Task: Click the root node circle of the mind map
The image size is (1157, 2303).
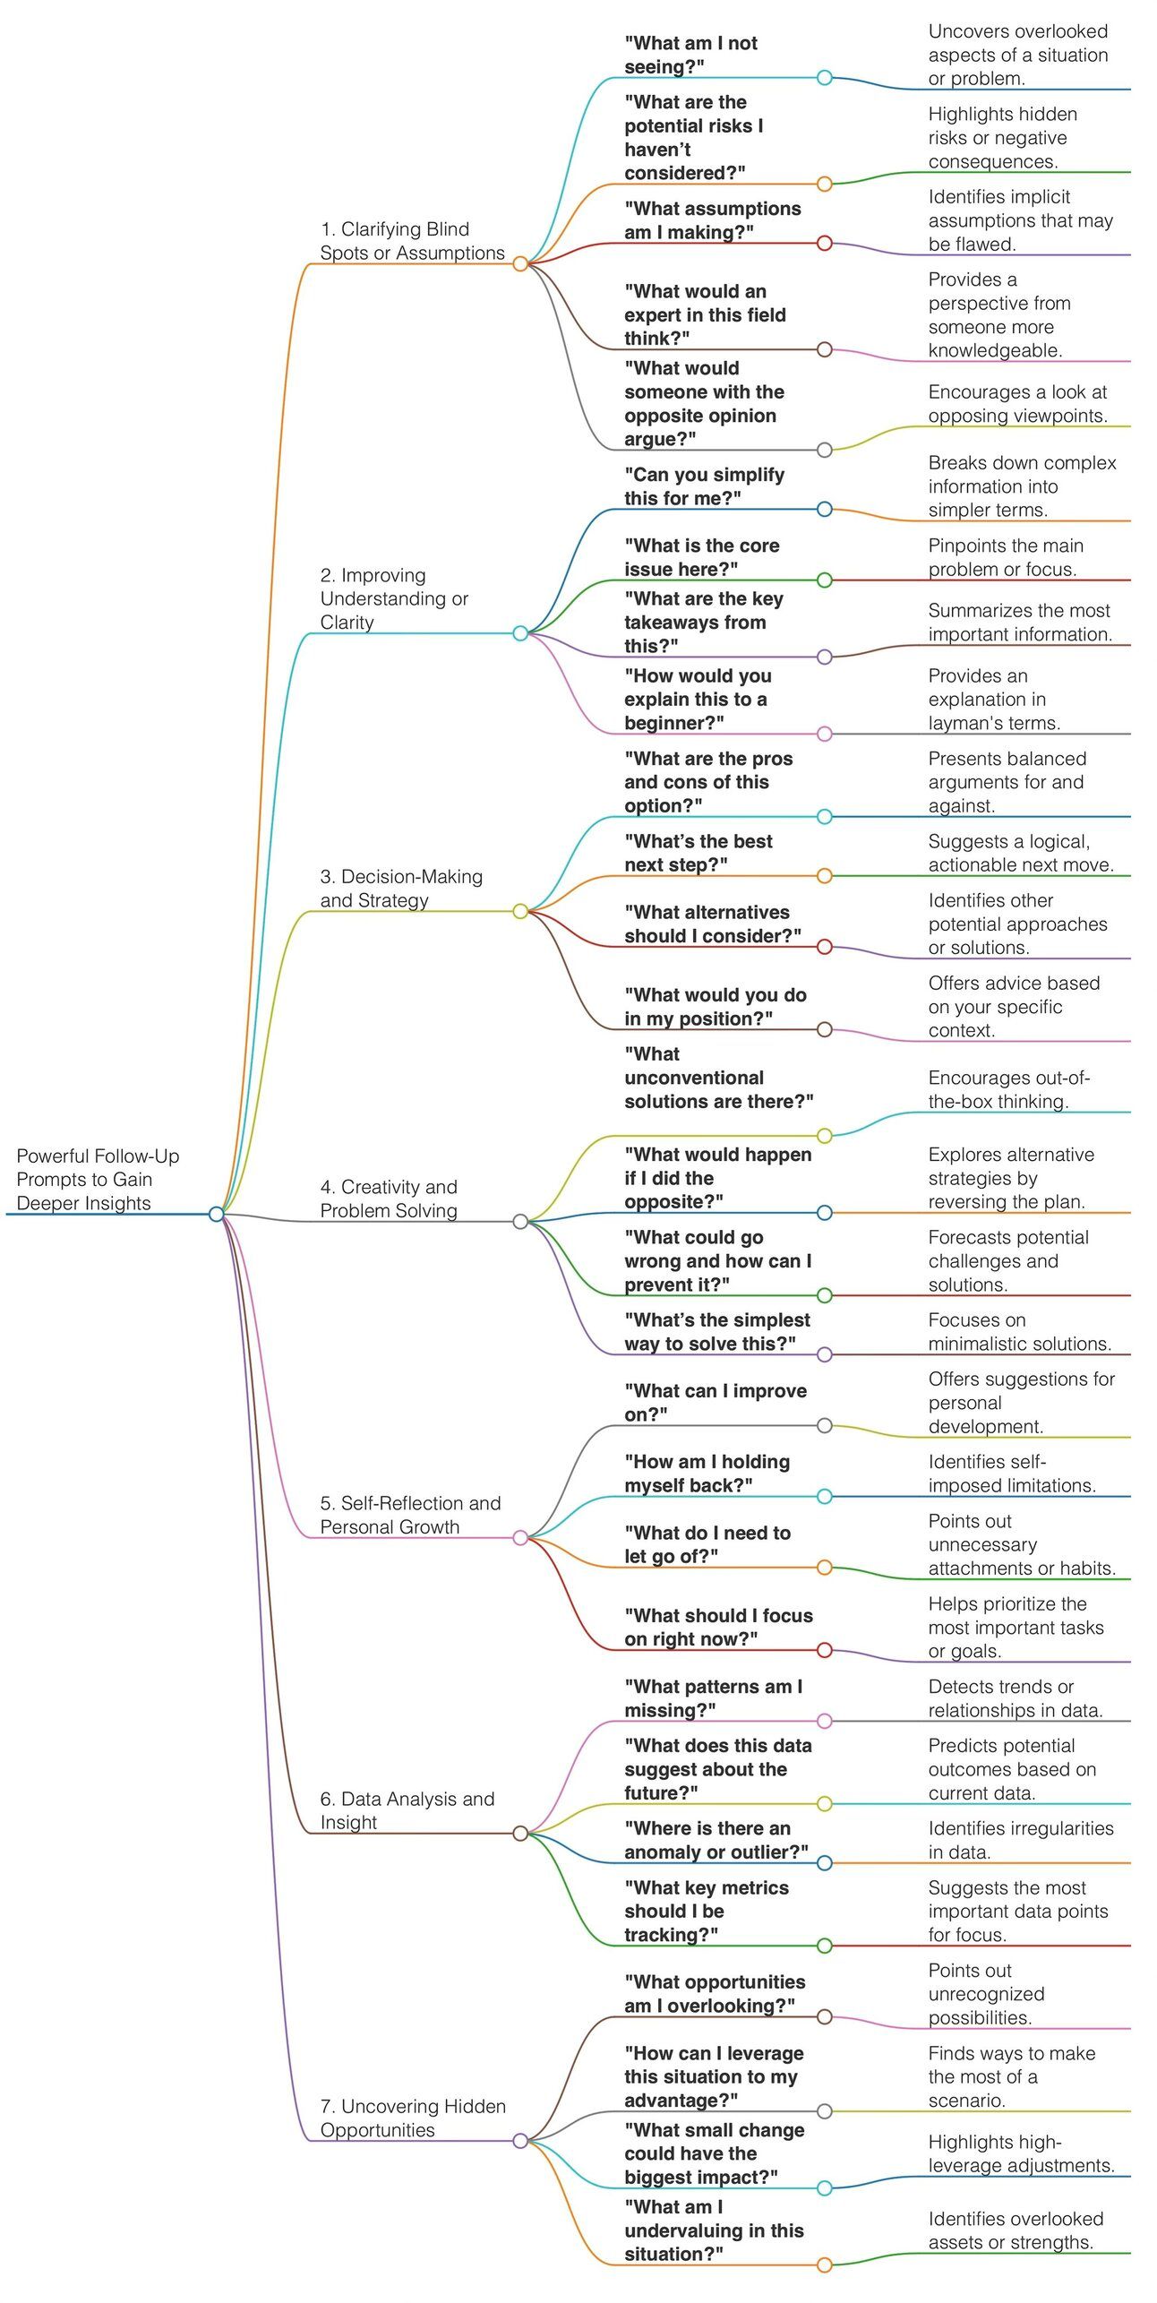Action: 216,1214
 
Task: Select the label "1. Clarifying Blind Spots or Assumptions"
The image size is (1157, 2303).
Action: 412,241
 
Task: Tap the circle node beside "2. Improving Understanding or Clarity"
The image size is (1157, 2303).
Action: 520,633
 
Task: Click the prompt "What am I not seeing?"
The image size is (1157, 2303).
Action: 690,55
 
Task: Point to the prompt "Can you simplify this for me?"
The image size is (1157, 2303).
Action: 704,486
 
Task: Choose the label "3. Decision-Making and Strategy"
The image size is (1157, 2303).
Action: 401,888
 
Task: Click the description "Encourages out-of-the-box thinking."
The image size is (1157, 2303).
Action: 1008,1089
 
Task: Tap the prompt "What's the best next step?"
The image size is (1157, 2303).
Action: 698,853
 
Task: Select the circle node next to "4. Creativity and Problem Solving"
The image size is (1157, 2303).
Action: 520,1221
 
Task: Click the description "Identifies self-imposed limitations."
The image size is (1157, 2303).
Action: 1012,1474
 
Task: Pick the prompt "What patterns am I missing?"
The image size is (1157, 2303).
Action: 713,1698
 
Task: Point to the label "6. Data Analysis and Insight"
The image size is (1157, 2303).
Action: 407,1810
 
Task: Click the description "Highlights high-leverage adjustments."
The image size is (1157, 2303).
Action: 1021,2153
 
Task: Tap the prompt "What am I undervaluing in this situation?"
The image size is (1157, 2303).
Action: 714,2230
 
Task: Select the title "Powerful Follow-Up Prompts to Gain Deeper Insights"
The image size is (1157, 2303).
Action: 98,1179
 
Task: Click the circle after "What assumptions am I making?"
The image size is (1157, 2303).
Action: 825,243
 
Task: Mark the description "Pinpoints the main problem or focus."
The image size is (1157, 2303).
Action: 1006,557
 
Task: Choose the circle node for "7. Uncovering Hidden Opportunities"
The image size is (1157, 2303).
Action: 520,2141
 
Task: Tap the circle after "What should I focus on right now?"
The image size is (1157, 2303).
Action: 825,1650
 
